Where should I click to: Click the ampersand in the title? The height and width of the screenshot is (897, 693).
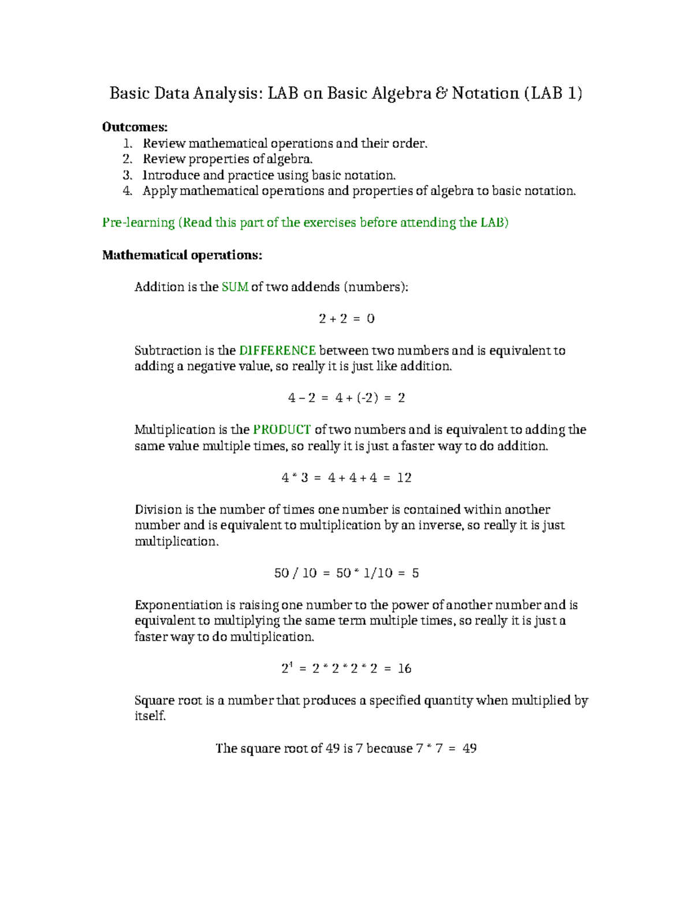[441, 93]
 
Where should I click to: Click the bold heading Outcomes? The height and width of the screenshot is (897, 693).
[135, 127]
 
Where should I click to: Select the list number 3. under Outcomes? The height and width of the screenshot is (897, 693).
[128, 175]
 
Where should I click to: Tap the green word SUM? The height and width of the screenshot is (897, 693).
[234, 287]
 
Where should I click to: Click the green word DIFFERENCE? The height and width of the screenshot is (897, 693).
[277, 351]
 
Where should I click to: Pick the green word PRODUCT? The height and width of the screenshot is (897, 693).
[282, 430]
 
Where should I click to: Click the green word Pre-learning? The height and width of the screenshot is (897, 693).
[138, 222]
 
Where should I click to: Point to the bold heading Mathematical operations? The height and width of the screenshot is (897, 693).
[182, 255]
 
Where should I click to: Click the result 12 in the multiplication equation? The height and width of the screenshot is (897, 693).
[404, 478]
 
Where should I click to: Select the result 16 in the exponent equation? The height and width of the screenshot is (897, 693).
[404, 668]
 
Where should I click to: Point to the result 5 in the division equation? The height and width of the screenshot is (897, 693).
[415, 573]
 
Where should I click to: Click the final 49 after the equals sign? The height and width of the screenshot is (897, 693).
[470, 749]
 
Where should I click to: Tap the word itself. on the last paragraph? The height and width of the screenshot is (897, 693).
[150, 716]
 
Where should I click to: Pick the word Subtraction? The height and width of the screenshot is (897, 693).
[167, 351]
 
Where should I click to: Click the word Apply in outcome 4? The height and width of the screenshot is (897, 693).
[159, 191]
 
